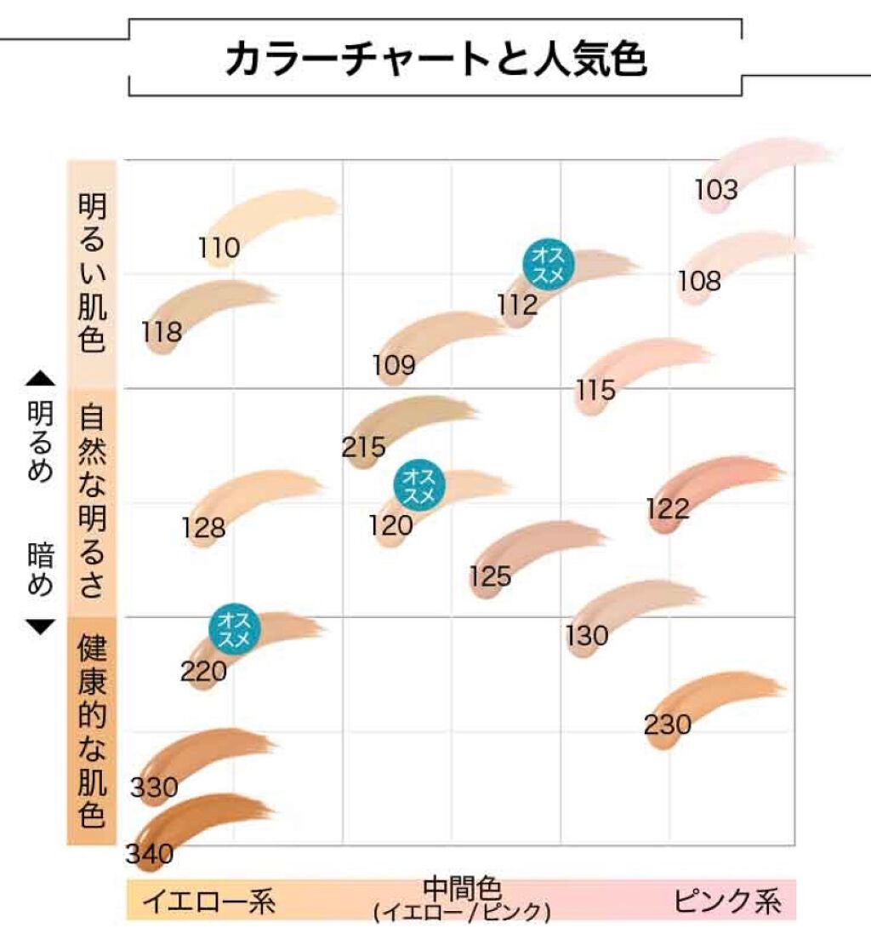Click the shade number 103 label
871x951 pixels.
(716, 189)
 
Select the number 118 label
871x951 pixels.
(162, 331)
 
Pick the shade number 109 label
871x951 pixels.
(394, 365)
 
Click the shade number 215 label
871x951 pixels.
(364, 446)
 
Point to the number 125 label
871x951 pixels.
(490, 576)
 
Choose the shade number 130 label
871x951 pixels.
(588, 635)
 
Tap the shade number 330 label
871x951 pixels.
(154, 788)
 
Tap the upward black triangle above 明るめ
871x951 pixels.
(40, 378)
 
